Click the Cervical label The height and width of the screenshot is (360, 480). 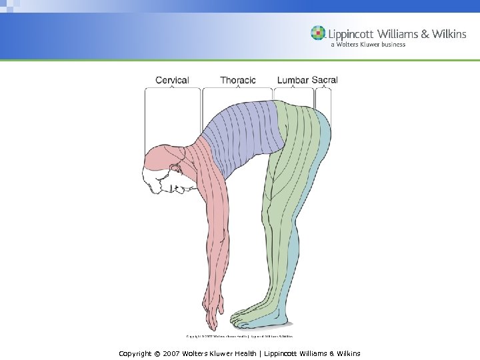coord(172,80)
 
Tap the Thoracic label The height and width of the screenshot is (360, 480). coord(238,80)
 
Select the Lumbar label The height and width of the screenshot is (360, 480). coord(293,80)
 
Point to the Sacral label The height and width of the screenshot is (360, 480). coord(325,80)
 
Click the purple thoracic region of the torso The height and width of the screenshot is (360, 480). coord(243,130)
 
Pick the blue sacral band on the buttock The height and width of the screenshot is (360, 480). coord(324,133)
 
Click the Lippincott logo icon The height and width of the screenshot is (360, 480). coord(319,33)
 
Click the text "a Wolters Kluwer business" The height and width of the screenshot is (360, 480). coord(368,45)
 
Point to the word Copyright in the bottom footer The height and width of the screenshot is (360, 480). coord(135,353)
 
